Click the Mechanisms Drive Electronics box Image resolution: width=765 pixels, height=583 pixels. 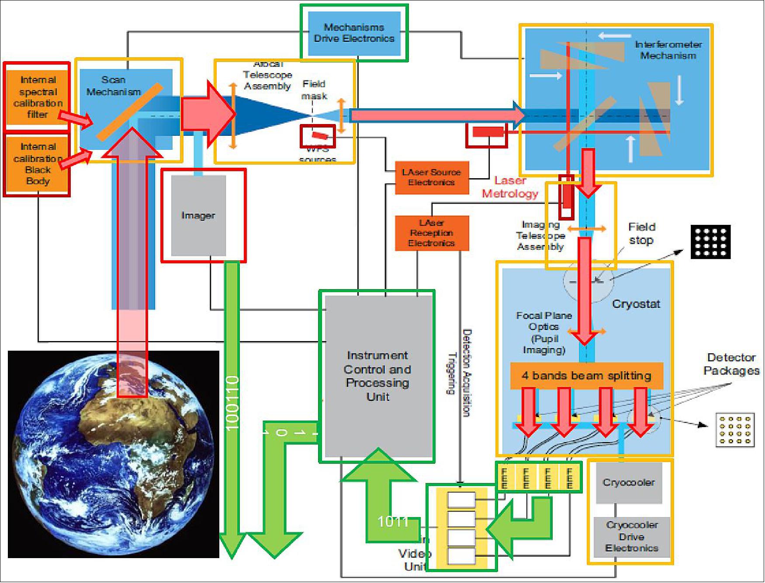point(354,33)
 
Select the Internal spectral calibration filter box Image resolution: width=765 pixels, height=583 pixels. point(38,97)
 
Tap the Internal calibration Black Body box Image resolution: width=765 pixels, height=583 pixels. point(38,164)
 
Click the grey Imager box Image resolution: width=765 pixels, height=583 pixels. point(198,215)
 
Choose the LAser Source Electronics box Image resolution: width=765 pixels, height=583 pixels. point(432,177)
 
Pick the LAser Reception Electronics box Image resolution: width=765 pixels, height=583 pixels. point(432,233)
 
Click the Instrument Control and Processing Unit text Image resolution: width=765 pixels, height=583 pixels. point(377,376)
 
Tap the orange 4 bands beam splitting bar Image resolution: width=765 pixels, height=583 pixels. point(586,376)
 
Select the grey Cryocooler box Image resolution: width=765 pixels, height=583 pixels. point(629,483)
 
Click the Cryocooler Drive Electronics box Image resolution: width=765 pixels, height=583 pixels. point(632,537)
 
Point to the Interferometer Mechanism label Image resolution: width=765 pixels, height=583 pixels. point(668,50)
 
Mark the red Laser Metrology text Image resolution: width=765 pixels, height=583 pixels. point(510,187)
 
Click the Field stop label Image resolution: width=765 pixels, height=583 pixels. point(641,233)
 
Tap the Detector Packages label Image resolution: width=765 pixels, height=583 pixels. point(731,364)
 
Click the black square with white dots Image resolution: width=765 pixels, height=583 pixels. point(710,242)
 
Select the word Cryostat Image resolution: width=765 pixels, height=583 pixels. point(636,304)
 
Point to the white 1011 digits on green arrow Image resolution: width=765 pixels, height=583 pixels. point(393,521)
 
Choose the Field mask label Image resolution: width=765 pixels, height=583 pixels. point(314,90)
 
